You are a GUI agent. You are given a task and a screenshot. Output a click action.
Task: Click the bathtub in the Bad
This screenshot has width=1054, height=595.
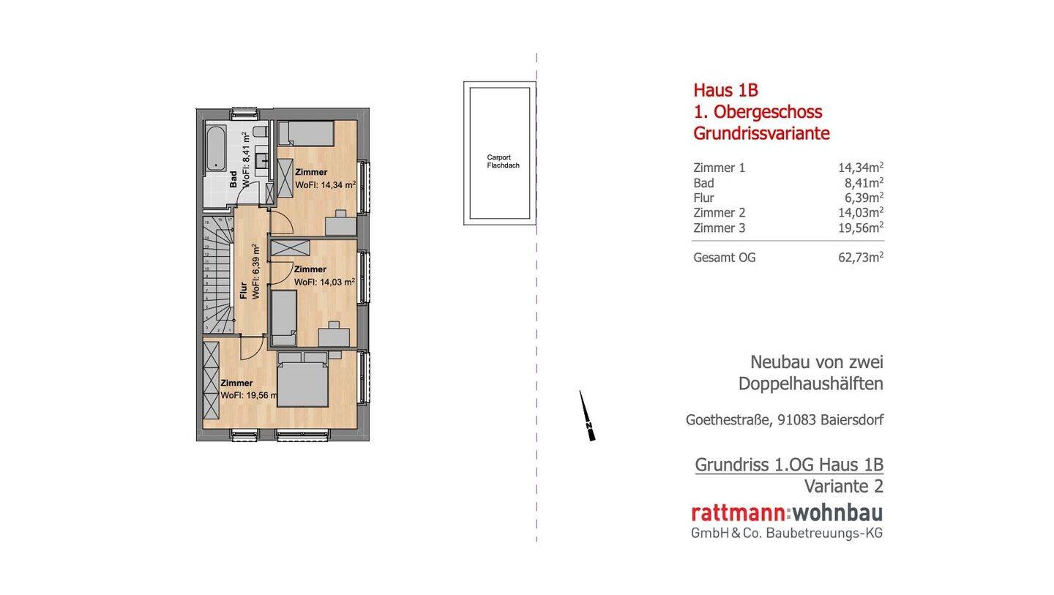tap(216, 149)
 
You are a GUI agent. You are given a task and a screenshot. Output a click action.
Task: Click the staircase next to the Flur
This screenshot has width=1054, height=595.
tap(217, 274)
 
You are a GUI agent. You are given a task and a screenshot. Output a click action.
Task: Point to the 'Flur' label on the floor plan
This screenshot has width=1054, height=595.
tap(244, 291)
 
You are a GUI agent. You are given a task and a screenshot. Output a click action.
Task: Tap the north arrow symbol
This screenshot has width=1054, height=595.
tap(587, 416)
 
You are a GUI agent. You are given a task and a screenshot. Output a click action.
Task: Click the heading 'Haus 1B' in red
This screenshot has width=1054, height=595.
tap(725, 90)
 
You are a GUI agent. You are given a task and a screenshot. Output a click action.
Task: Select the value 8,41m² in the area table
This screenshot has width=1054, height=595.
tap(864, 183)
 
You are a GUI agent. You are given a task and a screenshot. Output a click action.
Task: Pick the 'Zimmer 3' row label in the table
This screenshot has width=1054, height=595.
tap(719, 228)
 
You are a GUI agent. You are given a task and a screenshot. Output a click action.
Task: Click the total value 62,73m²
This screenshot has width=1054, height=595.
tap(860, 258)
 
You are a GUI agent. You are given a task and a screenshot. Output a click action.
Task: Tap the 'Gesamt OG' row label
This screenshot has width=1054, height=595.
tap(724, 258)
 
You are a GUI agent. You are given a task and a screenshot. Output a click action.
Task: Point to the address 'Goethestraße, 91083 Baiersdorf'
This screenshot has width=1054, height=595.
tap(784, 420)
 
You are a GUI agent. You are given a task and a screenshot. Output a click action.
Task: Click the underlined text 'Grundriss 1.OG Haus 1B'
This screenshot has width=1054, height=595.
tap(788, 465)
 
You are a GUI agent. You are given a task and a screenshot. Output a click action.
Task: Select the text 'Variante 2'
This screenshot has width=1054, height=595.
tap(843, 486)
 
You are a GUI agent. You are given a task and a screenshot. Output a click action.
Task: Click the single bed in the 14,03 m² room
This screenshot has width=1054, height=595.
tap(284, 317)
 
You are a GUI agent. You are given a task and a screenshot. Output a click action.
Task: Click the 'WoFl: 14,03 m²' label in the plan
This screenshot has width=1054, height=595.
tap(324, 282)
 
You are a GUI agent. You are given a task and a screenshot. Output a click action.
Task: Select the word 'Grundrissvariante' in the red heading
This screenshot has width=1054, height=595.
tap(761, 134)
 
